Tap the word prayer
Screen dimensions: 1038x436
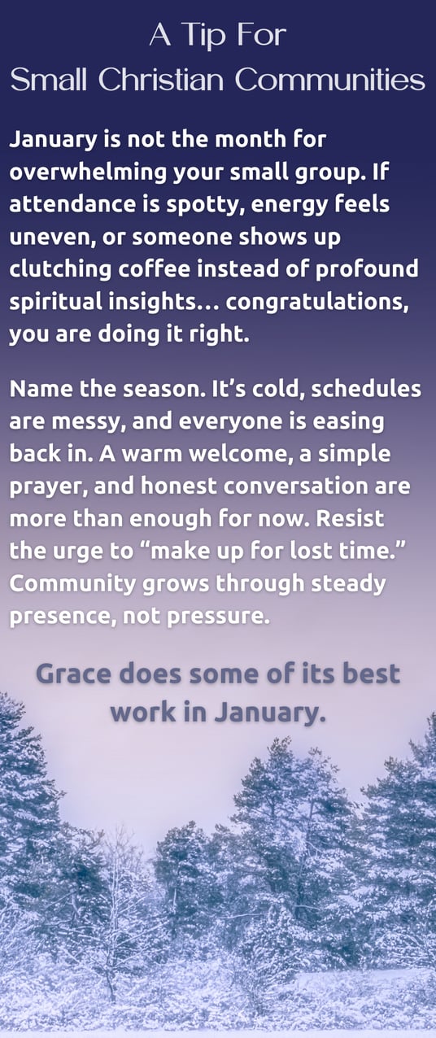50,486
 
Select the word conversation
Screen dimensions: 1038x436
302,486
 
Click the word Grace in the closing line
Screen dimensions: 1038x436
74,674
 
